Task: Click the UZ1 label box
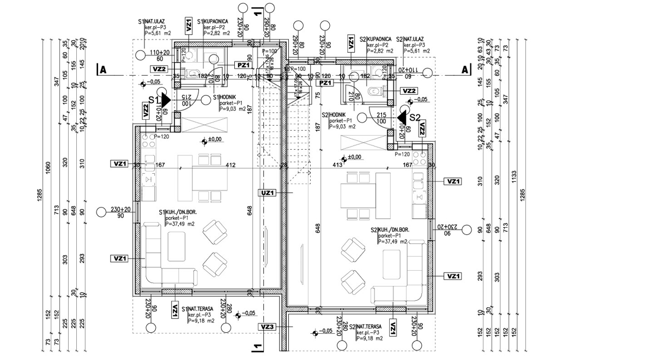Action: tap(269, 192)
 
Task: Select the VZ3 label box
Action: tap(267, 327)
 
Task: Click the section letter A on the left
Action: tap(101, 70)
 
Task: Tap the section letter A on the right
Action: tap(465, 70)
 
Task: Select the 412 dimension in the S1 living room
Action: tap(231, 164)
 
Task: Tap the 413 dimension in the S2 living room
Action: tap(337, 164)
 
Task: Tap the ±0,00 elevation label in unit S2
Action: tap(354, 157)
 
